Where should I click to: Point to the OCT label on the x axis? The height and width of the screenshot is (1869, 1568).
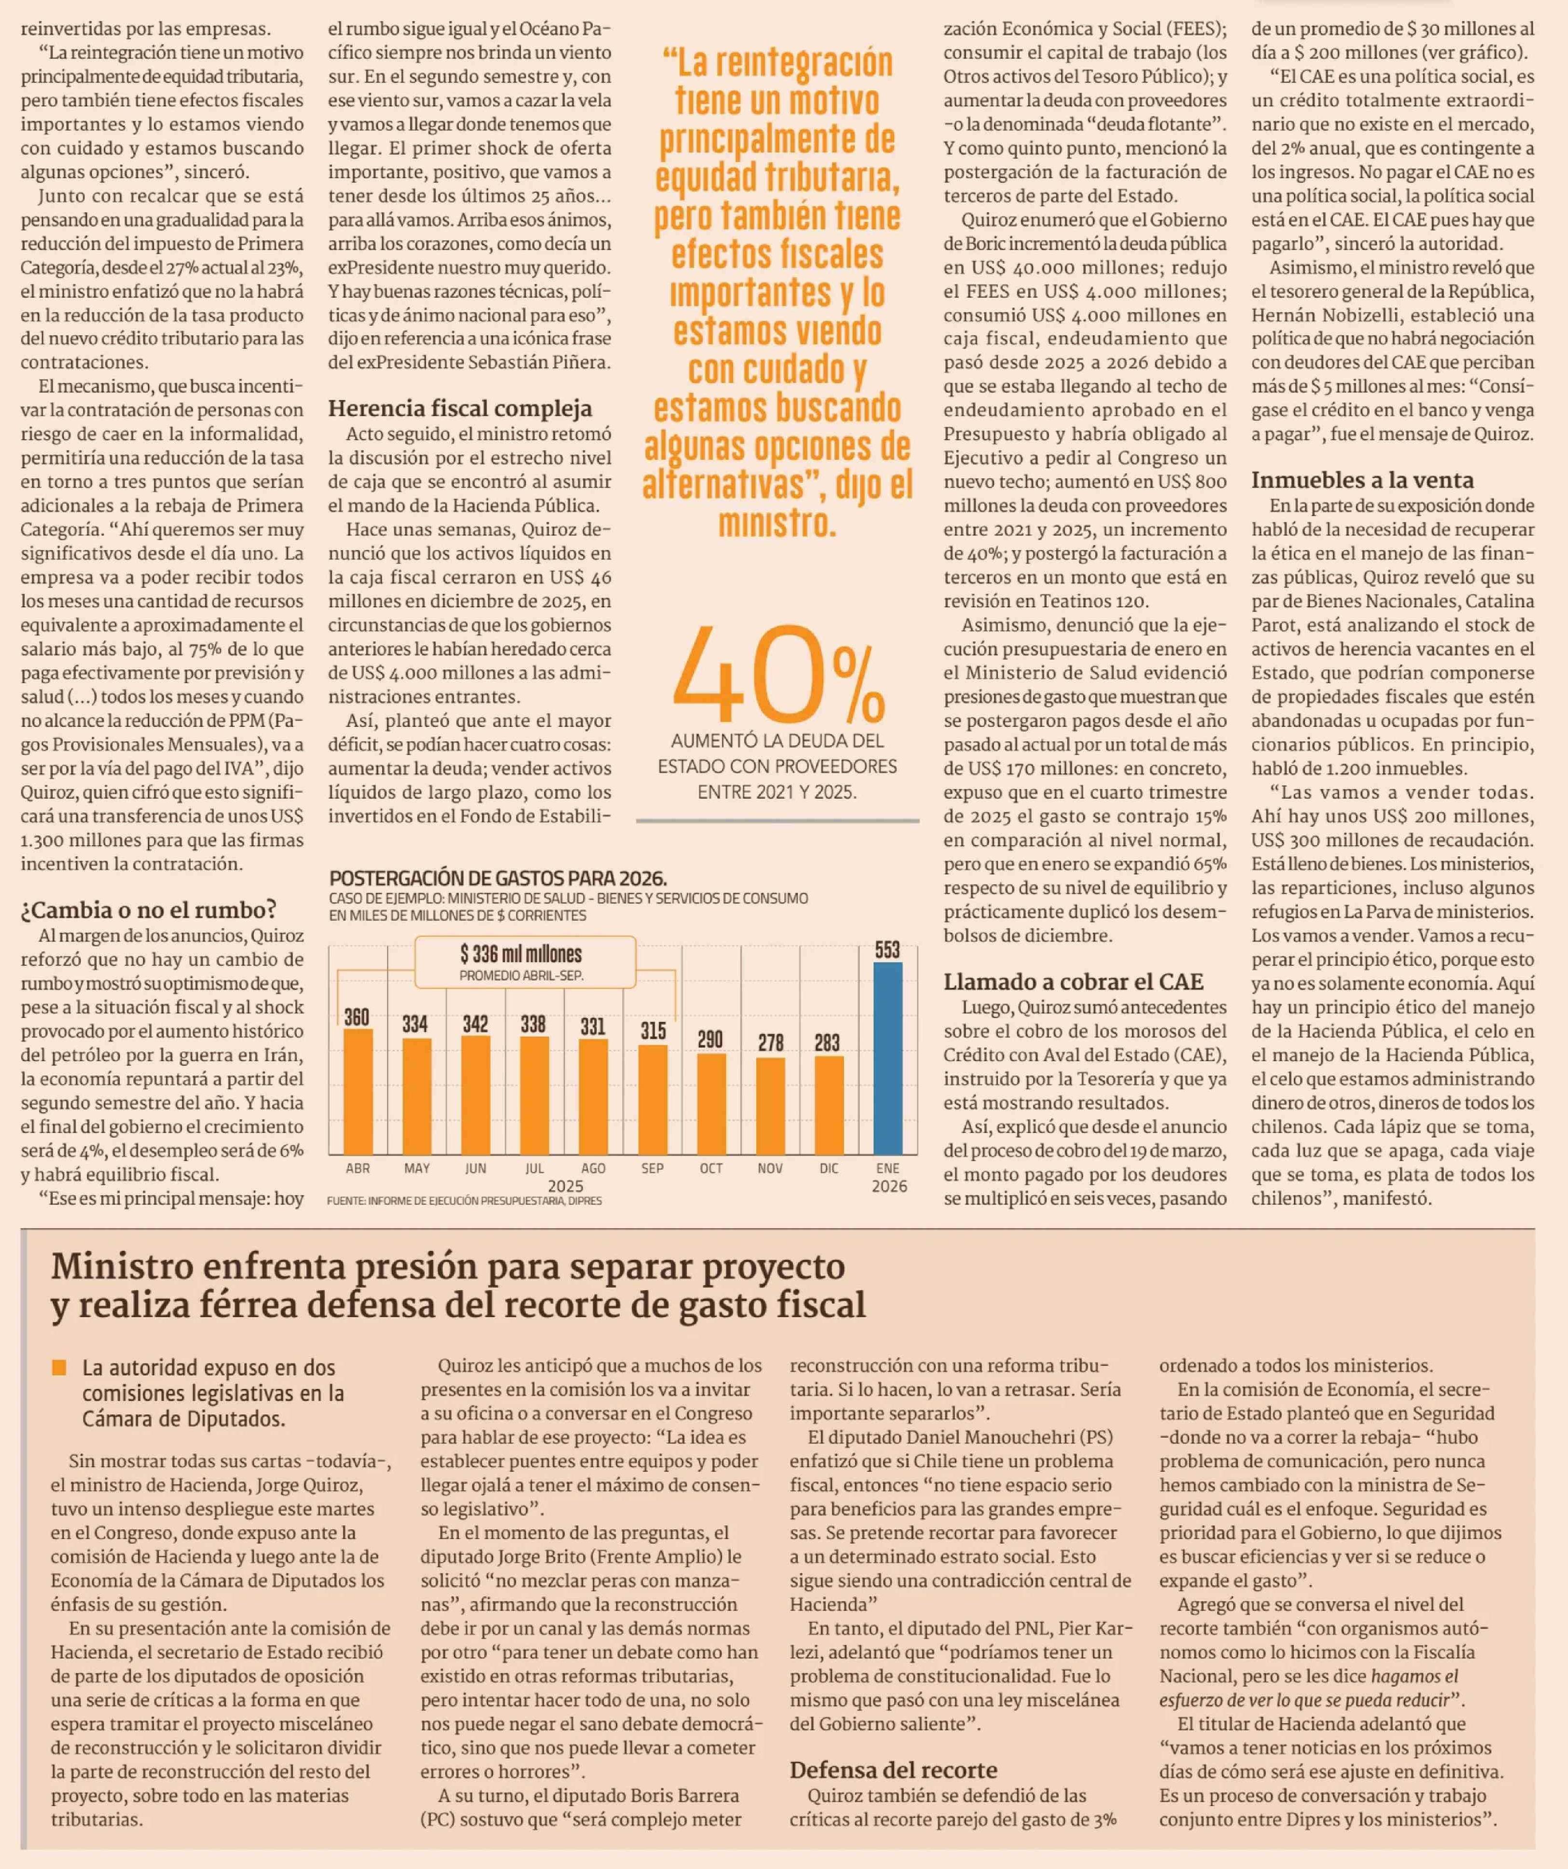pyautogui.click(x=711, y=1168)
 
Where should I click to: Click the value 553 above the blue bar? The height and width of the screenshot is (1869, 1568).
pyautogui.click(x=887, y=949)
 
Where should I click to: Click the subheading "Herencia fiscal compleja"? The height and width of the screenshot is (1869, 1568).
pyautogui.click(x=459, y=408)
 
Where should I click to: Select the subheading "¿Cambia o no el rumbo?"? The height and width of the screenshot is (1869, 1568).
pyautogui.click(x=149, y=909)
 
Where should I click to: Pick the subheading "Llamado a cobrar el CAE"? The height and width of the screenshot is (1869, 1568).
pyautogui.click(x=1073, y=982)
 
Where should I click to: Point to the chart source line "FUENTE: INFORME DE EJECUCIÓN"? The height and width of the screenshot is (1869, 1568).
pyautogui.click(x=464, y=1201)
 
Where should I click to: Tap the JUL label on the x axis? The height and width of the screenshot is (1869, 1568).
pyautogui.click(x=534, y=1168)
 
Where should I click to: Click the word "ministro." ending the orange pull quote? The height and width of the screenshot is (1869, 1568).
pyautogui.click(x=777, y=523)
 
